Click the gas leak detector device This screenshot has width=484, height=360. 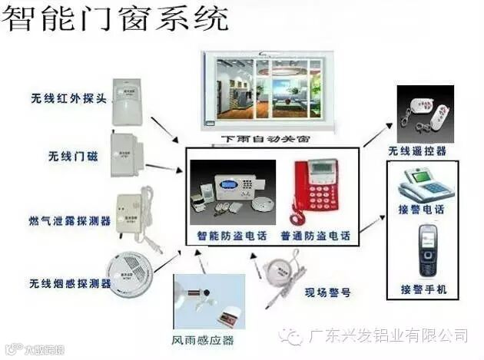click(136, 212)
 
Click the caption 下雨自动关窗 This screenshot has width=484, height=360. click(266, 140)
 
